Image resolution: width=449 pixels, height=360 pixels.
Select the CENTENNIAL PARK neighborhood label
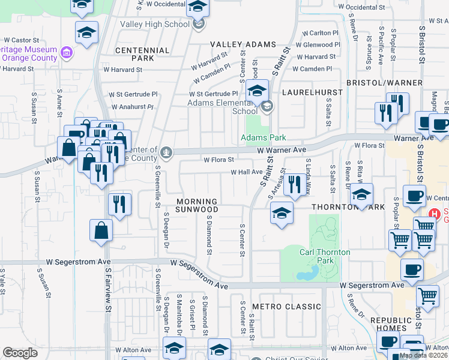point(142,55)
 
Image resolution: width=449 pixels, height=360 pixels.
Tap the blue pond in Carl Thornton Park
point(307,274)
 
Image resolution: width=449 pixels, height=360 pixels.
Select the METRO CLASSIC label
point(287,307)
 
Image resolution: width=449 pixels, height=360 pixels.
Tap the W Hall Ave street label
point(247,172)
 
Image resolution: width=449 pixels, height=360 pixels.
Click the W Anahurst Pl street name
point(133,107)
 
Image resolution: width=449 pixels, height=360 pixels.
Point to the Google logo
point(20,353)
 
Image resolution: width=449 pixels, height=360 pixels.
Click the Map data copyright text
point(423,356)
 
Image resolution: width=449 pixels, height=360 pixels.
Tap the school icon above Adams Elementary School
point(257,91)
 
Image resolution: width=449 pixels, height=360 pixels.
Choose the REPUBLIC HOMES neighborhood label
point(394,324)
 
